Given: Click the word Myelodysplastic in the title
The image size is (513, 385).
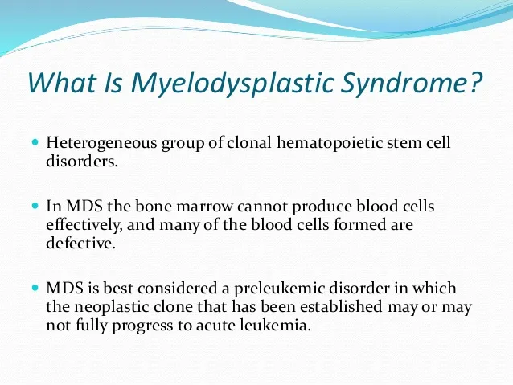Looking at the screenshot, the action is (232, 83).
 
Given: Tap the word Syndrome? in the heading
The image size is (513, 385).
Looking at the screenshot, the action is (411, 83).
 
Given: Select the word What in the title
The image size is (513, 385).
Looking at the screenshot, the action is (61, 82).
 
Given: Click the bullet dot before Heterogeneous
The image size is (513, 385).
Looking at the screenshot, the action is (35, 142).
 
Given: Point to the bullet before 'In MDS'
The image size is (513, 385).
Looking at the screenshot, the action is (35, 206).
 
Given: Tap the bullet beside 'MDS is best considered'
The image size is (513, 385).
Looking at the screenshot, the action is (35, 288).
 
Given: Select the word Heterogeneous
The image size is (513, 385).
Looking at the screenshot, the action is (101, 143).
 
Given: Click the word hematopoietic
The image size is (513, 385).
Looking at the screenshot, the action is (329, 143).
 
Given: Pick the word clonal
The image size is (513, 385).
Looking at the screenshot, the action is (248, 142).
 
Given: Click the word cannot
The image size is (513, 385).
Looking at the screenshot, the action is (262, 207).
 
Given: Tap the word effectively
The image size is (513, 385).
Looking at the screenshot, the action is (82, 225).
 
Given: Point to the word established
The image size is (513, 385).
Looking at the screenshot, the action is (341, 307).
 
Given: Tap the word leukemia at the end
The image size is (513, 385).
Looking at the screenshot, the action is (271, 326).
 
